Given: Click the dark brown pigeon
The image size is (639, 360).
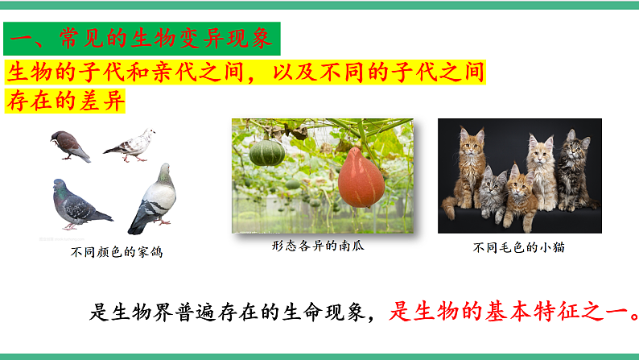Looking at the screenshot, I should tap(69, 146).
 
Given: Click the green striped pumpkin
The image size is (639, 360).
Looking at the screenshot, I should tap(266, 151).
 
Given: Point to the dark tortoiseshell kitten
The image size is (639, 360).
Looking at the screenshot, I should tap(574, 169).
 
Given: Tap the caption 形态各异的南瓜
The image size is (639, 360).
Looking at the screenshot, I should tap(318, 246).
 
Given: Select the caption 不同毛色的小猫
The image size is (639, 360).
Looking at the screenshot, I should tap(518, 247).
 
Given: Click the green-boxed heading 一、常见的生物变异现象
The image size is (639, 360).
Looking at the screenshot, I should tap(142, 38).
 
